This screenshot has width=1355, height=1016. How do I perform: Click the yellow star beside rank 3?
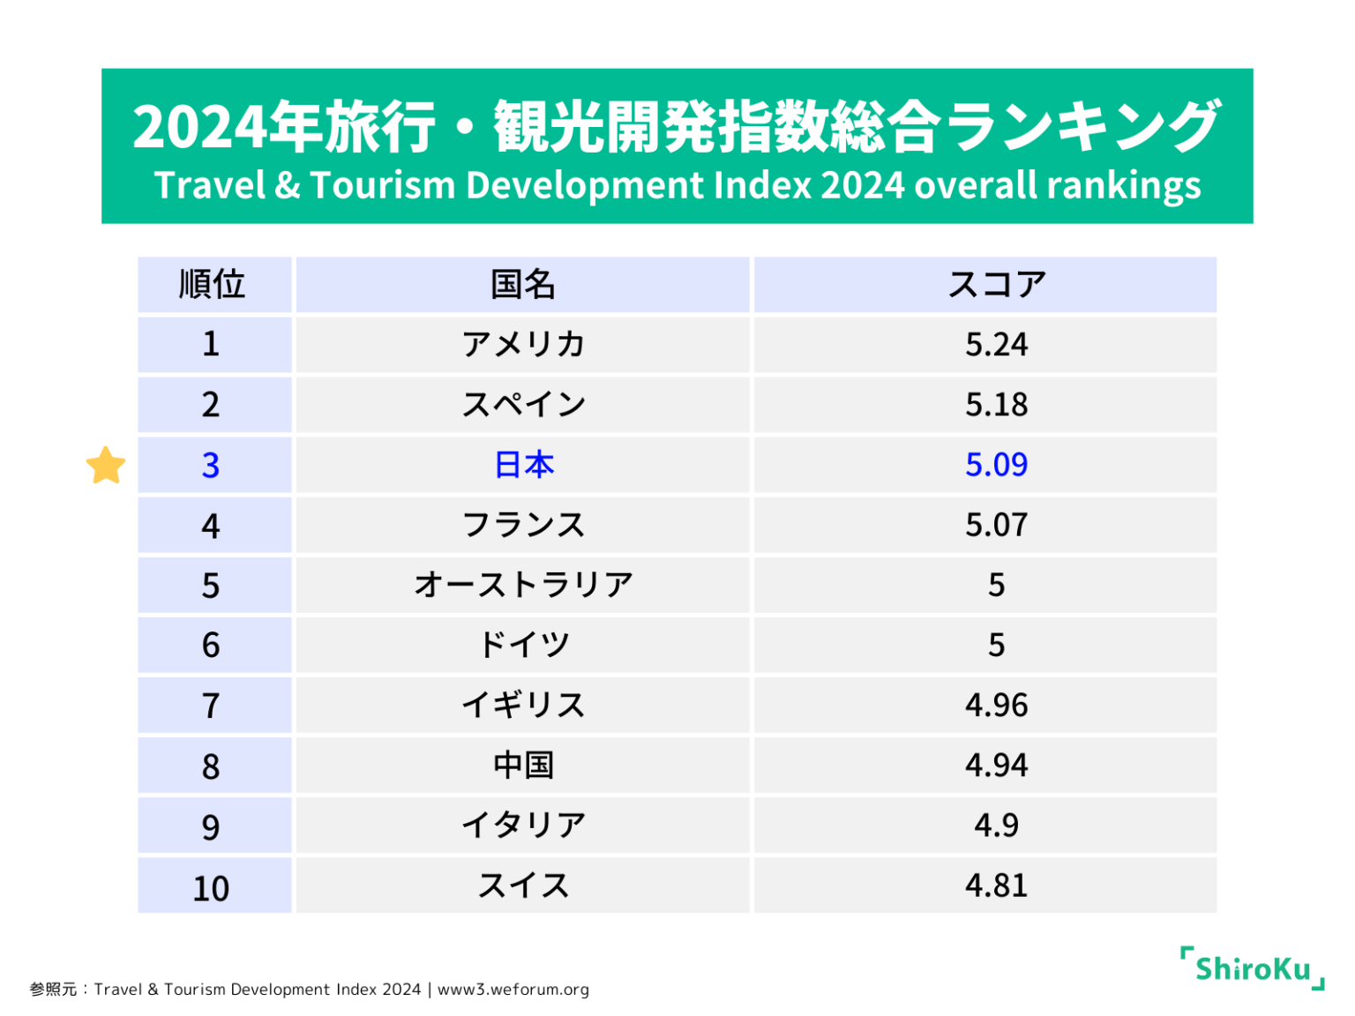pyautogui.click(x=106, y=465)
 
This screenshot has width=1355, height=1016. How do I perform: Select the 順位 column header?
pyautogui.click(x=213, y=285)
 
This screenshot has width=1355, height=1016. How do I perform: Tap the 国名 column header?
pyautogui.click(x=522, y=285)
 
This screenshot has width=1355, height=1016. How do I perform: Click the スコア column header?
pyautogui.click(x=996, y=285)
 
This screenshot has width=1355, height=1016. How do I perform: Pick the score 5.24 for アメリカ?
pyautogui.click(x=996, y=344)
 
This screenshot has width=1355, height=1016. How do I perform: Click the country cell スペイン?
pyautogui.click(x=523, y=405)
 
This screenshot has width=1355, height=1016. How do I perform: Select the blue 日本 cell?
pyautogui.click(x=523, y=465)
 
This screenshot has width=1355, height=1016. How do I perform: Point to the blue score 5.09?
pyautogui.click(x=996, y=465)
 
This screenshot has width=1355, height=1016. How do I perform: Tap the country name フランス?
pyautogui.click(x=523, y=525)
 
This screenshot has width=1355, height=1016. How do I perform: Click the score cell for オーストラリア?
pyautogui.click(x=996, y=585)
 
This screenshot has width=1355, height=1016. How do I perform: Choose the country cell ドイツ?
pyautogui.click(x=523, y=645)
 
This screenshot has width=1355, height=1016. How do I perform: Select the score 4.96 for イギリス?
pyautogui.click(x=996, y=705)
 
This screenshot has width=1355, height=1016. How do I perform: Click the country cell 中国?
pyautogui.click(x=523, y=765)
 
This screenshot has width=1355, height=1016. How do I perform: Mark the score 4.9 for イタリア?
pyautogui.click(x=996, y=825)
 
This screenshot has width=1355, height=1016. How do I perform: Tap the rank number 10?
pyautogui.click(x=211, y=888)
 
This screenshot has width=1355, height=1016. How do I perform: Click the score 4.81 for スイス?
pyautogui.click(x=996, y=885)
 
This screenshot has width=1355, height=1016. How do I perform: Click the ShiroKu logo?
pyautogui.click(x=1253, y=968)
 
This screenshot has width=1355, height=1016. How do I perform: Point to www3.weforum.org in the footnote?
pyautogui.click(x=513, y=990)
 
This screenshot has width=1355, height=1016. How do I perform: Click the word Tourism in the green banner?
pyautogui.click(x=384, y=186)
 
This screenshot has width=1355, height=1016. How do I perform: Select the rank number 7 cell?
pyautogui.click(x=211, y=706)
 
